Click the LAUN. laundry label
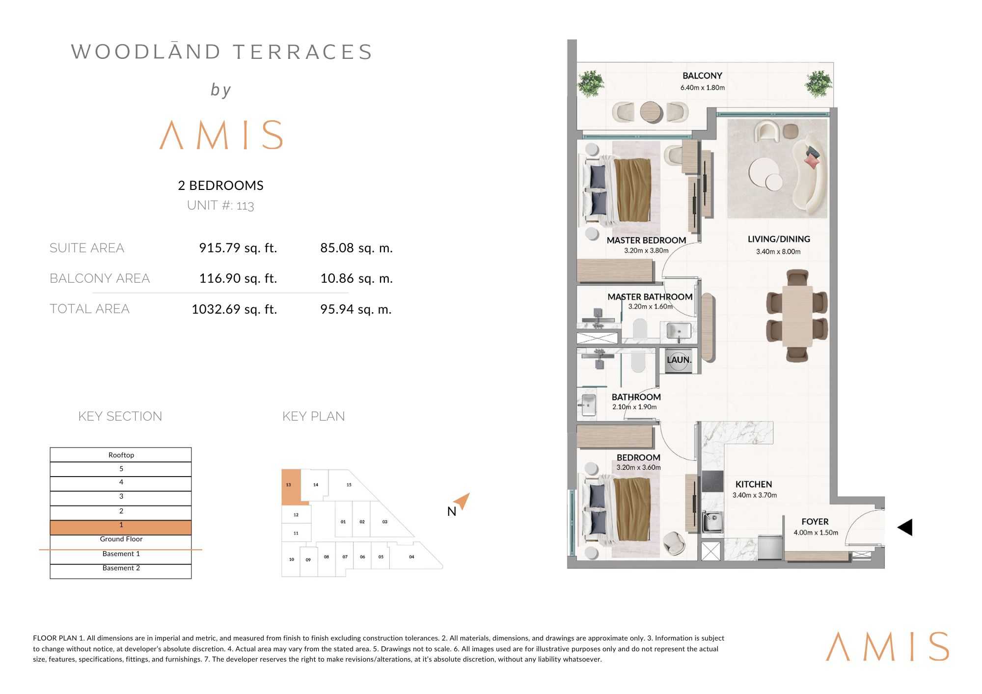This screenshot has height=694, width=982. coord(679,360)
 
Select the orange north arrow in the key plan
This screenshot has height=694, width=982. coord(462,501)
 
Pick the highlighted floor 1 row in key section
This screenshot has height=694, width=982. coord(121,528)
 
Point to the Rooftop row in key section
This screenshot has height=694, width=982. coord(121,454)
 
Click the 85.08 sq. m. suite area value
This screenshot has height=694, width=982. coord(356,248)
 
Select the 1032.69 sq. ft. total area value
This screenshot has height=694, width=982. coord(234,309)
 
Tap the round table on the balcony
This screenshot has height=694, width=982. coord(652,112)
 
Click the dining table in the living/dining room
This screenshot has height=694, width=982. coord(797,316)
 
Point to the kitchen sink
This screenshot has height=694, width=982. coord(712,522)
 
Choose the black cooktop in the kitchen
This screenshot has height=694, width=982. coord(712,481)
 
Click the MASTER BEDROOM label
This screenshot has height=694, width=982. coord(646,240)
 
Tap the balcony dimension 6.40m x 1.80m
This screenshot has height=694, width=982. coord(702,88)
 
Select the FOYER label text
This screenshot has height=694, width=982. coord(815,522)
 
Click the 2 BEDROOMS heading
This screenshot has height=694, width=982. coord(220,186)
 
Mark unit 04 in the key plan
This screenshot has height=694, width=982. coord(411,557)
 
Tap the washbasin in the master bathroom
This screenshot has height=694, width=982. coord(679,330)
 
